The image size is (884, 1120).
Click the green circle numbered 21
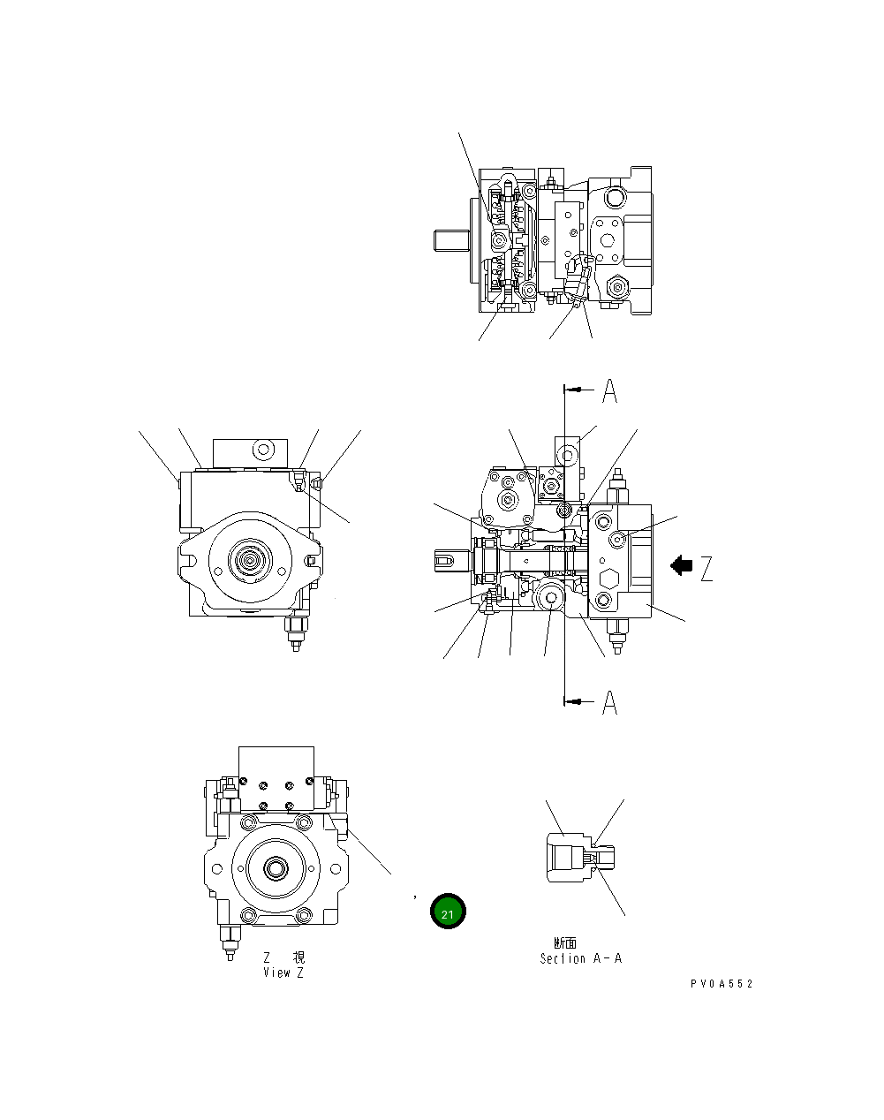[x=448, y=912]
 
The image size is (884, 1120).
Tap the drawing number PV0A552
[x=722, y=984]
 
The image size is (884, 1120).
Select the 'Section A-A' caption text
[x=580, y=958]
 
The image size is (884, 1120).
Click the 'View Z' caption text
[x=283, y=972]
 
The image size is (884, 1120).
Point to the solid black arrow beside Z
[x=681, y=565]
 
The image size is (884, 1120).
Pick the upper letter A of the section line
[x=609, y=390]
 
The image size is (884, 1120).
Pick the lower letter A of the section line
[x=609, y=702]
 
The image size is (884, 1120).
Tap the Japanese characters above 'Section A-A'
[x=565, y=943]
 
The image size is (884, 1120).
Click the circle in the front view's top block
[x=261, y=450]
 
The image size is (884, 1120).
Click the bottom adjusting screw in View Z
[x=230, y=942]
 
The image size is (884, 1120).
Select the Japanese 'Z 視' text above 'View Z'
[x=283, y=957]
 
